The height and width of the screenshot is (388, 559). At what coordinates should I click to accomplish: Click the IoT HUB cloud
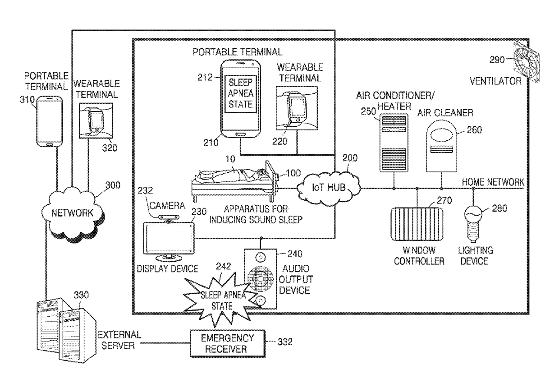328,188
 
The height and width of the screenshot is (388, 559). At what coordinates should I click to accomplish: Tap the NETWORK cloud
73,213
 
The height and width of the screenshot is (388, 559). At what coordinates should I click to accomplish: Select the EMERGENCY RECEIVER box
227,343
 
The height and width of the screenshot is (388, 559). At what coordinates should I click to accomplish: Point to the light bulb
473,223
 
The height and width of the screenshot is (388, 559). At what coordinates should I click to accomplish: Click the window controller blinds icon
417,224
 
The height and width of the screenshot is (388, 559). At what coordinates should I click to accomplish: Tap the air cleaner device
441,146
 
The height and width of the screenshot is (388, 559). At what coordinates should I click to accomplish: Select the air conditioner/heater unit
394,143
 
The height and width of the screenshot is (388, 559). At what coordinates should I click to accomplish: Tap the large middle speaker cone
260,278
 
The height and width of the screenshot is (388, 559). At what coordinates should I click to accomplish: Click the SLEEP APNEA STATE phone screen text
241,93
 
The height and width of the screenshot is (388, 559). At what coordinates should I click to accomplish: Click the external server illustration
66,330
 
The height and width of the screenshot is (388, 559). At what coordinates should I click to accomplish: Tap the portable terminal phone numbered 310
50,121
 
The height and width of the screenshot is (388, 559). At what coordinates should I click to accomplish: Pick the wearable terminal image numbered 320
96,120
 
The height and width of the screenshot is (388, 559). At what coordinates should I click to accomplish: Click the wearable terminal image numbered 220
297,108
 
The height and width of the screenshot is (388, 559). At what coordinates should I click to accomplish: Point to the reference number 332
285,342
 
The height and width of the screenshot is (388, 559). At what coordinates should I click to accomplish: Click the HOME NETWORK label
493,182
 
